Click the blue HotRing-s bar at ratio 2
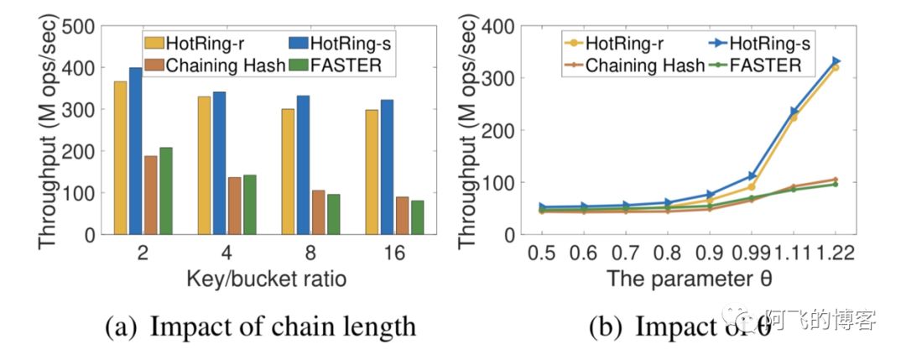click(x=135, y=151)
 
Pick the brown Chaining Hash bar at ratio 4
click(x=234, y=206)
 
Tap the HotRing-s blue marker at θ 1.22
click(x=836, y=61)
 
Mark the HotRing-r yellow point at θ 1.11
click(x=793, y=117)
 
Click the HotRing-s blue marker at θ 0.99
click(x=751, y=176)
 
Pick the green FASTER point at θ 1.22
click(x=836, y=184)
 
